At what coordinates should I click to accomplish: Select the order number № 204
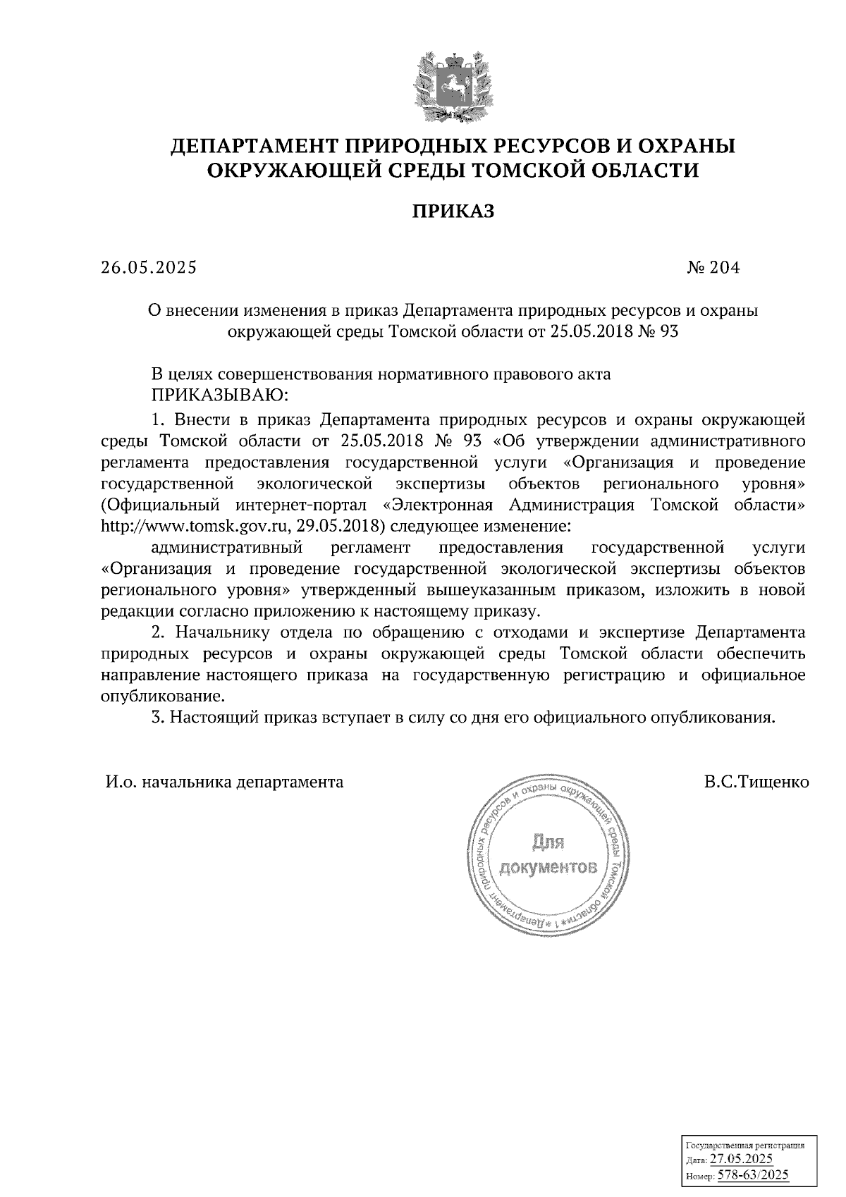tap(713, 268)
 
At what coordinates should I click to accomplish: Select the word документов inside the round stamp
tap(548, 866)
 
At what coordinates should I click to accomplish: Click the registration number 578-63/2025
tap(752, 1175)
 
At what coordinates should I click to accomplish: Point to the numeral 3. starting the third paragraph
tap(158, 718)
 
